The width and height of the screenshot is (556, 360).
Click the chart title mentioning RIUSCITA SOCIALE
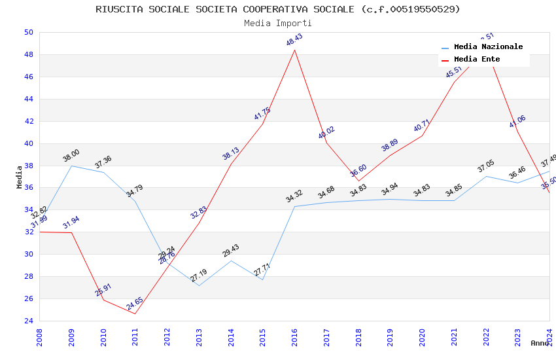(x=278, y=9)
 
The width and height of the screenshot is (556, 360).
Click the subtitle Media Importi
(x=278, y=23)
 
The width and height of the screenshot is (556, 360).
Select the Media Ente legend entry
(x=477, y=60)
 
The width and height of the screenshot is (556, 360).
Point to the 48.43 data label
(x=294, y=40)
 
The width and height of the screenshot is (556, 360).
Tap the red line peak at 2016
(x=294, y=50)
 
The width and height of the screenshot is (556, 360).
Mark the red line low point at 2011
(x=135, y=314)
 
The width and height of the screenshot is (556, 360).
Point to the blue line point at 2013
(x=199, y=285)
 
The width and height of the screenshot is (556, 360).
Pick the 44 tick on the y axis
(x=29, y=99)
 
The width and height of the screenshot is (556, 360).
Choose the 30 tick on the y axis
(x=29, y=254)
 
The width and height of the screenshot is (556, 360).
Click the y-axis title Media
(x=20, y=177)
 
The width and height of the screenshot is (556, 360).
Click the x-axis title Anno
(x=540, y=343)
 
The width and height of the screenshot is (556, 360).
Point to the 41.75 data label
(x=262, y=114)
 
